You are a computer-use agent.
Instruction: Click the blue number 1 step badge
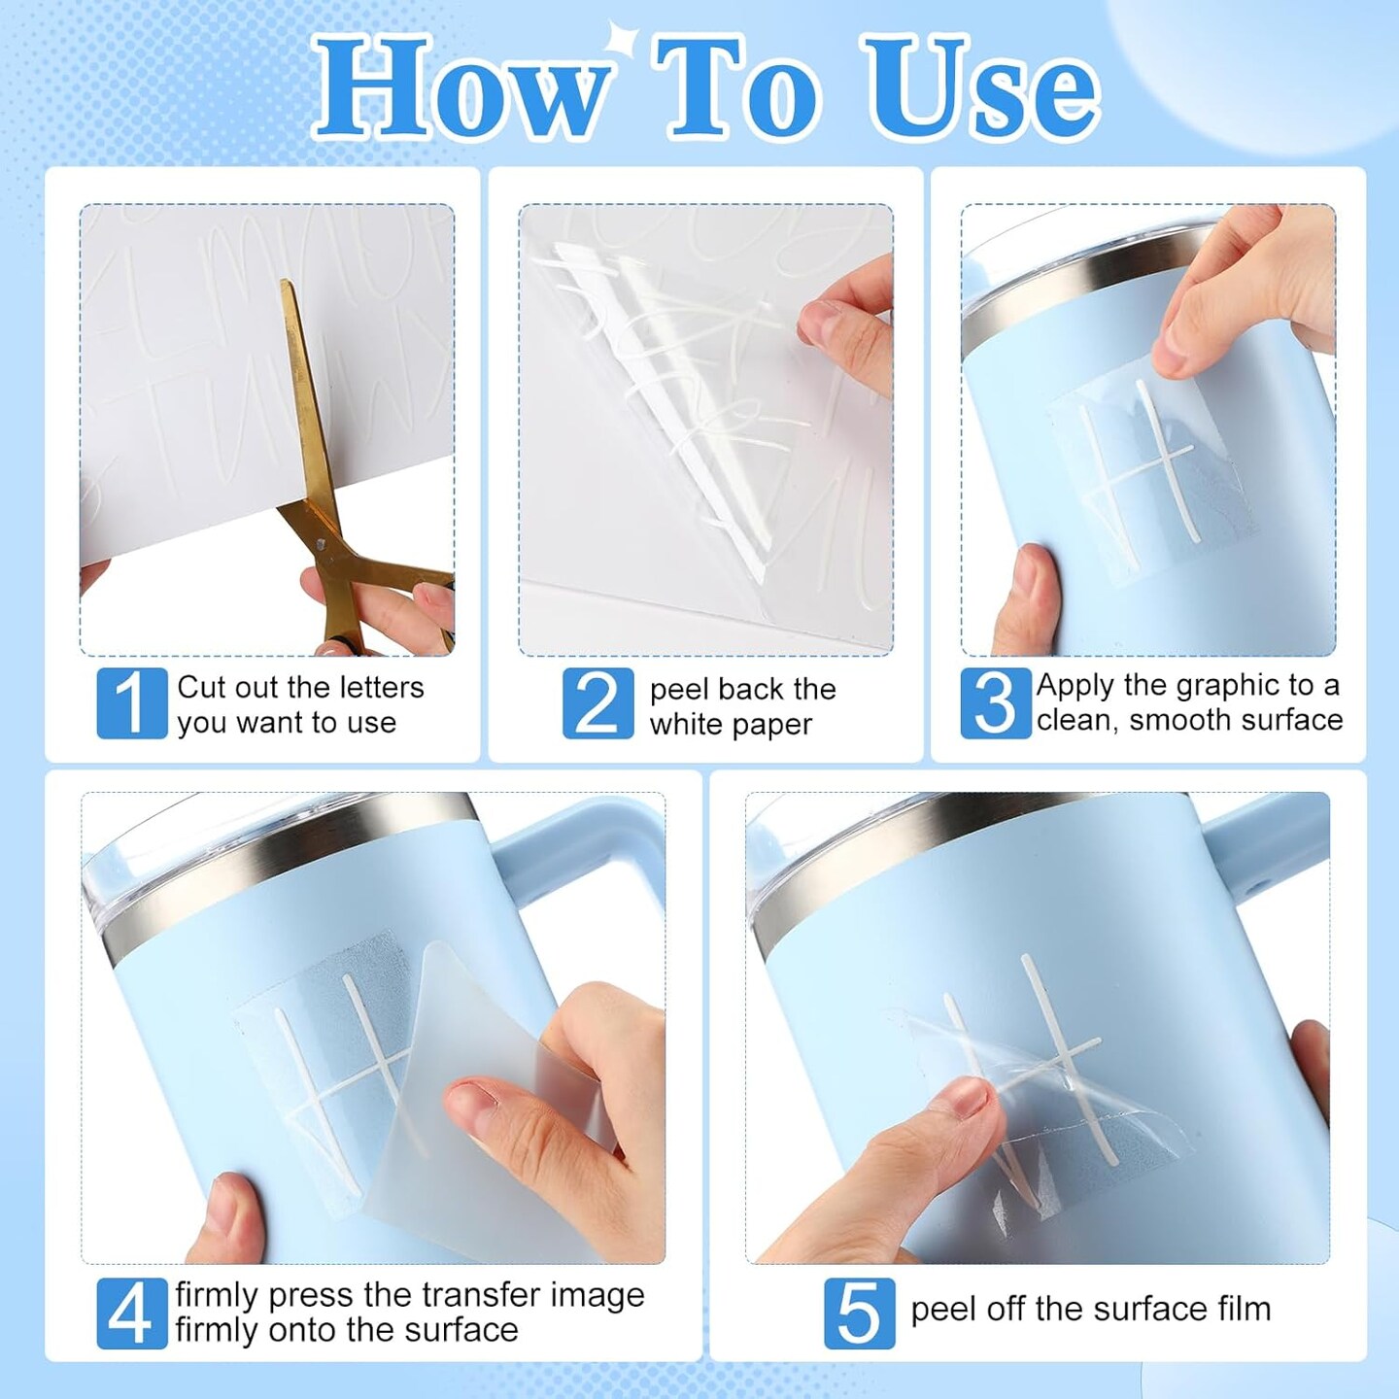(132, 702)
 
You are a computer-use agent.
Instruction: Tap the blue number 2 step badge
(598, 702)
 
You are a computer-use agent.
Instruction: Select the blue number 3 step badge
(996, 702)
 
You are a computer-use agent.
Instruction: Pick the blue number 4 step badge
(132, 1314)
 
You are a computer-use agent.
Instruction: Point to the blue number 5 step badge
(860, 1314)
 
